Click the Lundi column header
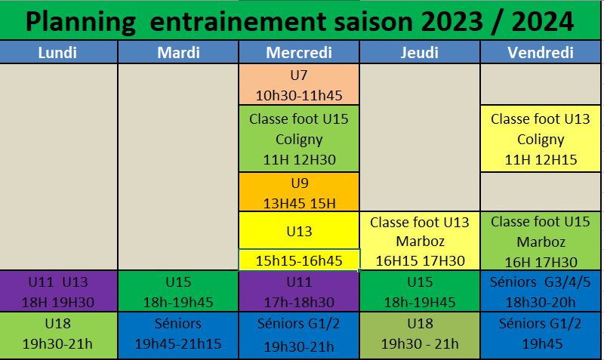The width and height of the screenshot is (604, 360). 58,52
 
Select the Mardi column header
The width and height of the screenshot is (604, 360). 178,52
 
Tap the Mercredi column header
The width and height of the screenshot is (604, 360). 299,52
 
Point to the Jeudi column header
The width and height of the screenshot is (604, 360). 420,52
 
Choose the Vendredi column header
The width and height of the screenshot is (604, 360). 541,52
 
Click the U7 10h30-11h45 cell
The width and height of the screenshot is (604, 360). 299,85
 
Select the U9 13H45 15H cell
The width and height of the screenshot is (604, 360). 299,192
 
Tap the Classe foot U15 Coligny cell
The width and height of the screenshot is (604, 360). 299,139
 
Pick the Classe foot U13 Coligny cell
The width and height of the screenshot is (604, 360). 541,139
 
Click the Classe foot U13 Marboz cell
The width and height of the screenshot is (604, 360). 420,241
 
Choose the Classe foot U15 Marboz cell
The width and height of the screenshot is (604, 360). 541,241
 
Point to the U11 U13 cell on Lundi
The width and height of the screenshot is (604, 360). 58,291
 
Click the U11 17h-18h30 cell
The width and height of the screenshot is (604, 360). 299,291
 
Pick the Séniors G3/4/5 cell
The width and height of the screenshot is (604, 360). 541,291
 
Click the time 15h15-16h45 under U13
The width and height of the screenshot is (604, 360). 299,260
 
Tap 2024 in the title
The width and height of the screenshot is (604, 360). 542,22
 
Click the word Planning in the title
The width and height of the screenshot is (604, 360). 81,23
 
